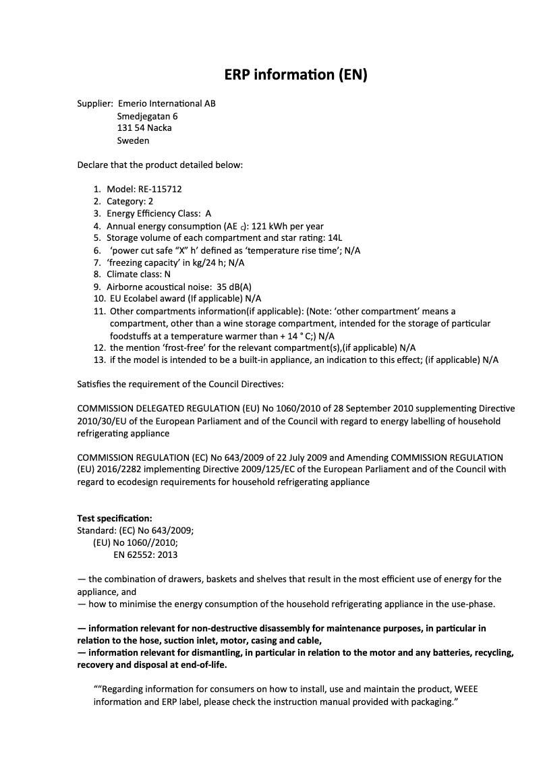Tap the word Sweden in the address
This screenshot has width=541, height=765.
pyautogui.click(x=133, y=141)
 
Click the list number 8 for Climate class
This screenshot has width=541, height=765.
pyautogui.click(x=97, y=275)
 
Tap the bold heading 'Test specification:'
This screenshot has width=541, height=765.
pyautogui.click(x=115, y=518)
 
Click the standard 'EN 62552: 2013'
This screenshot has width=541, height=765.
pyautogui.click(x=146, y=555)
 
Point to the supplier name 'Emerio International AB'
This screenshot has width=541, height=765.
pyautogui.click(x=167, y=104)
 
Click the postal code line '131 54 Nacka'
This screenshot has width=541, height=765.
pyautogui.click(x=144, y=128)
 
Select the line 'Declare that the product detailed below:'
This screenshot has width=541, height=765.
pyautogui.click(x=160, y=165)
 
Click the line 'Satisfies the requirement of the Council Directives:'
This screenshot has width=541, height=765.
pyautogui.click(x=181, y=384)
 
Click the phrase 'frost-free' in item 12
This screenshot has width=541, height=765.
pyautogui.click(x=181, y=347)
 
